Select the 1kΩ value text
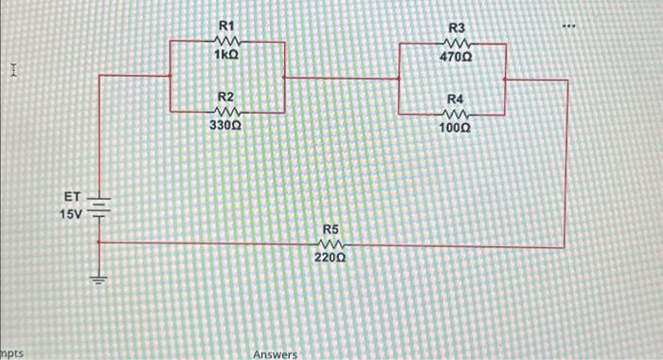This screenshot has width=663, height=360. click(227, 56)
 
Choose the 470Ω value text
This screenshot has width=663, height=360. click(457, 57)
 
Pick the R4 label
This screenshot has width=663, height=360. click(457, 99)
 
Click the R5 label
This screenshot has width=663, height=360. click(331, 229)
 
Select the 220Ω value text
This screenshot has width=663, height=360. click(331, 256)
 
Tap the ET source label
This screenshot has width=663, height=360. click(73, 196)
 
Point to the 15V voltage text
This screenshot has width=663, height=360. click(72, 215)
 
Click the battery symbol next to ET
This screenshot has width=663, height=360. click(100, 207)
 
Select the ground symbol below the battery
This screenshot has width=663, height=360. click(100, 280)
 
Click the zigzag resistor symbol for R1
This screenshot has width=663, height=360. click(227, 41)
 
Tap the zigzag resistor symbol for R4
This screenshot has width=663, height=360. click(457, 113)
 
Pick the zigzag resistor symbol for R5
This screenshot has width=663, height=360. click(331, 243)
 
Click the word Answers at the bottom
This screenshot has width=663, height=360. click(275, 354)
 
